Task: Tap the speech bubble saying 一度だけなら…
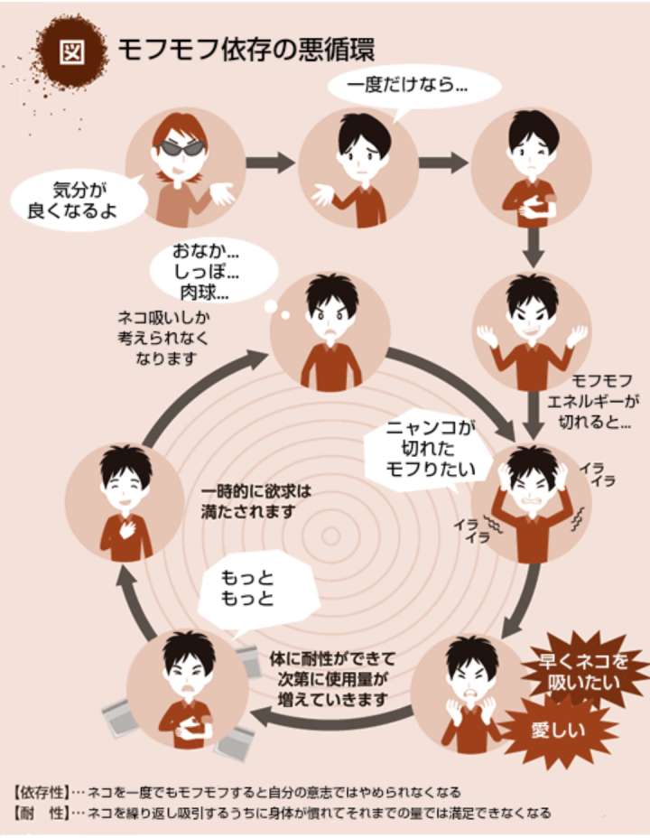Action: click(x=412, y=87)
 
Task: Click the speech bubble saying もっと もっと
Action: click(x=246, y=588)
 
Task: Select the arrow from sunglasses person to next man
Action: click(x=272, y=163)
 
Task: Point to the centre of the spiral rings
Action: click(x=332, y=535)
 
